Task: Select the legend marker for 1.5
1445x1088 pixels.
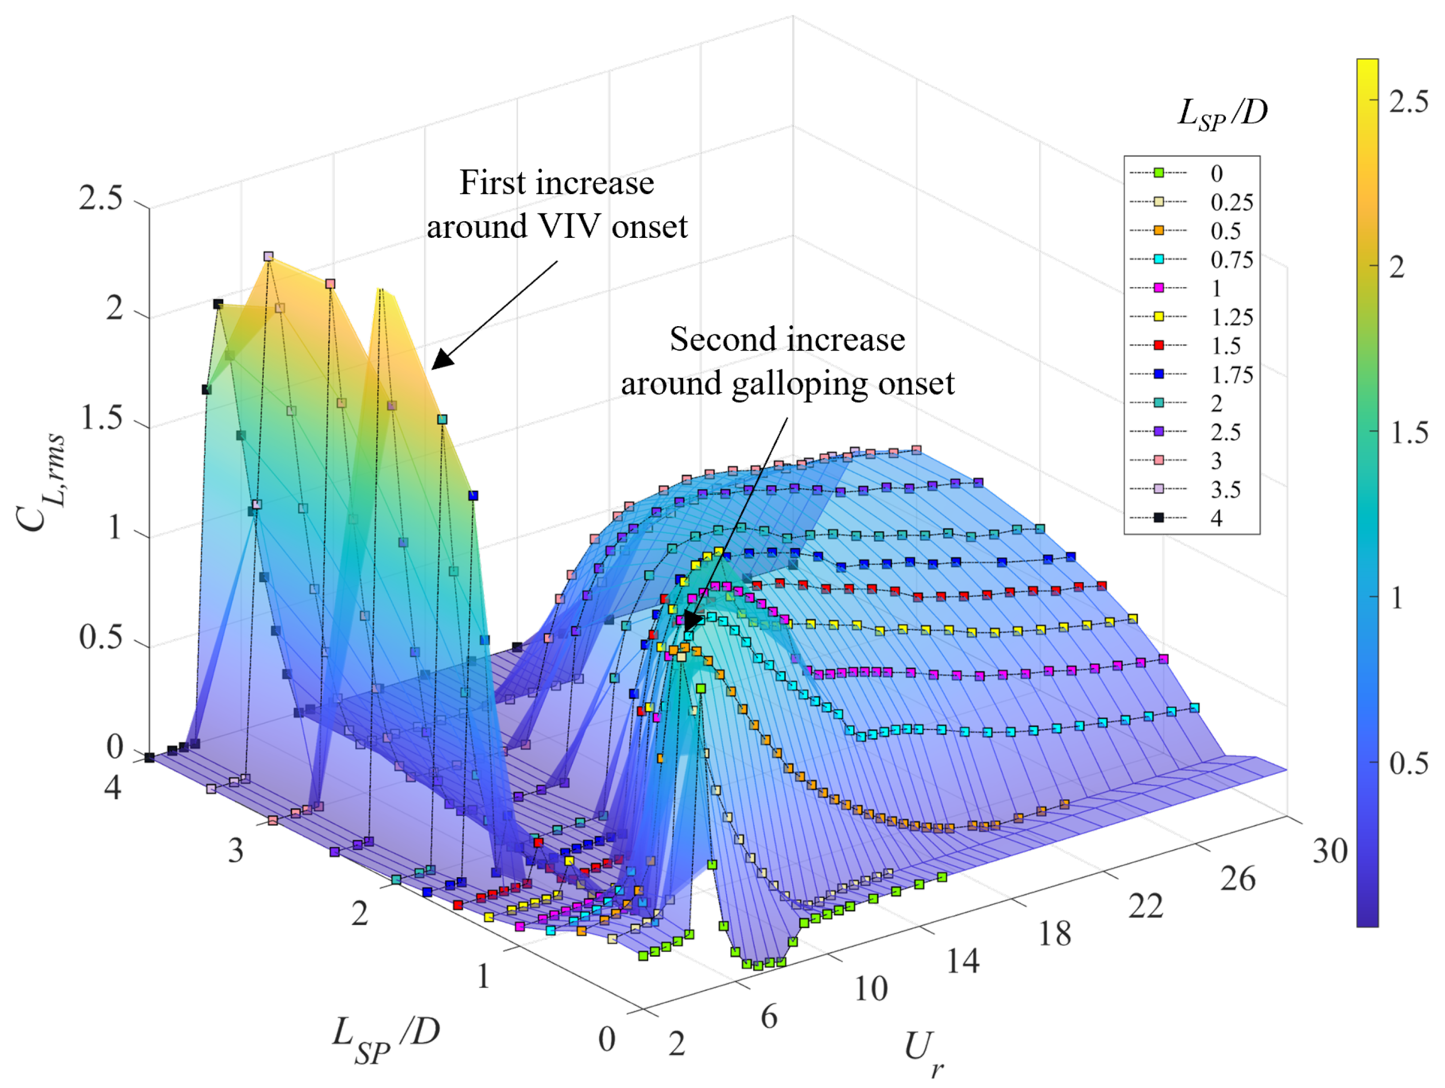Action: (x=1158, y=345)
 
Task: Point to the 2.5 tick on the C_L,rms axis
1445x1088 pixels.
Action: (x=101, y=197)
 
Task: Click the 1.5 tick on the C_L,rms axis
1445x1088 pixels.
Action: (x=101, y=417)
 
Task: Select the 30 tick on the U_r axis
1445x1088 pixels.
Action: (x=1330, y=851)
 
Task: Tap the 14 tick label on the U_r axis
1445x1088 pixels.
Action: (x=963, y=961)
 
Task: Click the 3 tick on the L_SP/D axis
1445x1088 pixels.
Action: (x=236, y=851)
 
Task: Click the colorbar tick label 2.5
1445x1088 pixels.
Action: (x=1408, y=102)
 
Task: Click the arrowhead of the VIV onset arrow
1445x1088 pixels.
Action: (x=442, y=360)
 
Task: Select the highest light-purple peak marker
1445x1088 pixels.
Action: (x=268, y=256)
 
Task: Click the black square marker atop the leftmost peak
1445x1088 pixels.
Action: (x=218, y=304)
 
